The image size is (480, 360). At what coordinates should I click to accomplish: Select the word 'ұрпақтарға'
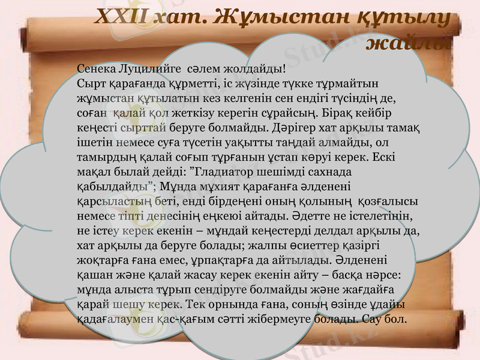coord(199,260)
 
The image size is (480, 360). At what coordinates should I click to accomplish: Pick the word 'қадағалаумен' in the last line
coord(107,319)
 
